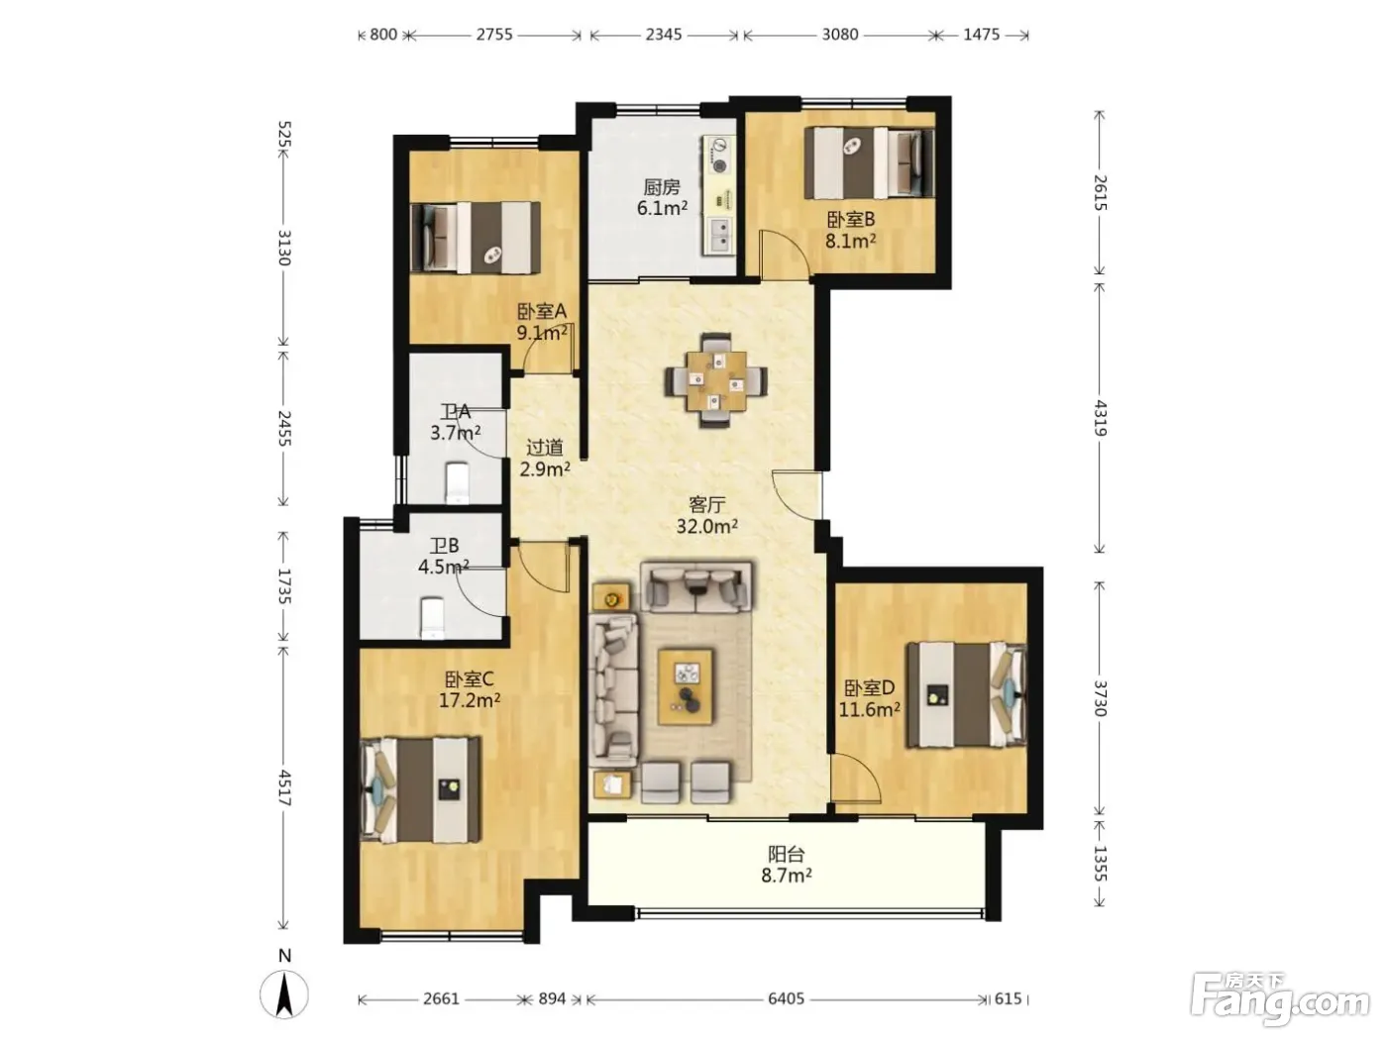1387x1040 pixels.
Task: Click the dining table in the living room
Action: (716, 380)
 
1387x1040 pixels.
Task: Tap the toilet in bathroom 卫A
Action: (457, 483)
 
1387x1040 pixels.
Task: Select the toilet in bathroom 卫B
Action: (432, 617)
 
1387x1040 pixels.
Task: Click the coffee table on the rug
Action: (686, 686)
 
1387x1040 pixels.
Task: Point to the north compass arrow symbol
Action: (284, 993)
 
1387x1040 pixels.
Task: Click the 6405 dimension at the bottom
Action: (786, 998)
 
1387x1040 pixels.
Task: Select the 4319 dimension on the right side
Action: (1100, 418)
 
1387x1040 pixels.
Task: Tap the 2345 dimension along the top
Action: (664, 34)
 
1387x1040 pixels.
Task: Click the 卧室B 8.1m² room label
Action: (850, 230)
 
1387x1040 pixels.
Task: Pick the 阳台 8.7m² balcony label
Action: (786, 865)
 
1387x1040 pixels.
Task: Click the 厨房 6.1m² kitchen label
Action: (662, 198)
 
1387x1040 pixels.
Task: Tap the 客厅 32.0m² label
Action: (707, 515)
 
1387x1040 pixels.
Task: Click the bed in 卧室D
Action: (966, 694)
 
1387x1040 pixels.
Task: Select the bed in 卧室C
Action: (420, 789)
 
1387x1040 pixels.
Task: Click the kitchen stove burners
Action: (719, 156)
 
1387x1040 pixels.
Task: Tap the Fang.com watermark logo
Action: (1280, 999)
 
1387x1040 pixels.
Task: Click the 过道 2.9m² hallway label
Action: (545, 458)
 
